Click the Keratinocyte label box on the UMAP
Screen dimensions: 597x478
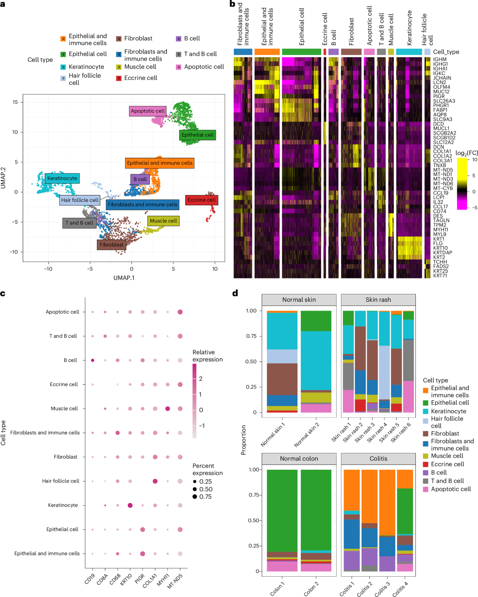click(62, 178)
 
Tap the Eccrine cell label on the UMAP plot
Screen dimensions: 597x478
click(202, 200)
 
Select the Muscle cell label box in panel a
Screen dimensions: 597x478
click(163, 221)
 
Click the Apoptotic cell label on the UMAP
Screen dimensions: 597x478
click(147, 111)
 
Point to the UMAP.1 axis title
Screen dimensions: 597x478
click(124, 278)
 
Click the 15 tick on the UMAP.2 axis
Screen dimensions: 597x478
click(15, 102)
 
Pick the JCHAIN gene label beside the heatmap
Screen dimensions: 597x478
click(442, 78)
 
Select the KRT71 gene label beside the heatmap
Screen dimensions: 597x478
click(440, 276)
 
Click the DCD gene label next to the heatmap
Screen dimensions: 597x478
click(438, 124)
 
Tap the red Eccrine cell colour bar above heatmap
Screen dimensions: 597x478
click(325, 52)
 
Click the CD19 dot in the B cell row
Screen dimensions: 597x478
click(92, 360)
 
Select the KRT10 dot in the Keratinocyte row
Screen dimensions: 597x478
click(130, 505)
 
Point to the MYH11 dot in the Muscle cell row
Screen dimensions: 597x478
click(168, 409)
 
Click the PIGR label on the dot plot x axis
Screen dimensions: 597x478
click(139, 579)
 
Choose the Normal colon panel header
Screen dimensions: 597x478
click(299, 459)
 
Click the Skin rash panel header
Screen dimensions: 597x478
click(378, 300)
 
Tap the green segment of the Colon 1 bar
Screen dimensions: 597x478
click(282, 510)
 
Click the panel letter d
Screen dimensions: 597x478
click(235, 293)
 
